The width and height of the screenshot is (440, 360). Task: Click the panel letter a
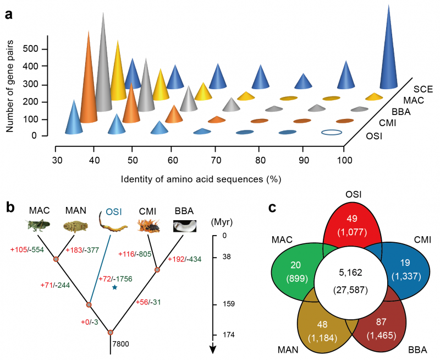click(9, 15)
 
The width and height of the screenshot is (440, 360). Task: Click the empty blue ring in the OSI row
click(332, 132)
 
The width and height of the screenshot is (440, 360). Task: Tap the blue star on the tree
click(114, 287)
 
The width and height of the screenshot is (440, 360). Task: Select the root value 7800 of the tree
click(122, 343)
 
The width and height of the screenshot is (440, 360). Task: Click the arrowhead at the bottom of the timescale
click(213, 348)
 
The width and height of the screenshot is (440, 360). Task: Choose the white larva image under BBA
click(184, 226)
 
